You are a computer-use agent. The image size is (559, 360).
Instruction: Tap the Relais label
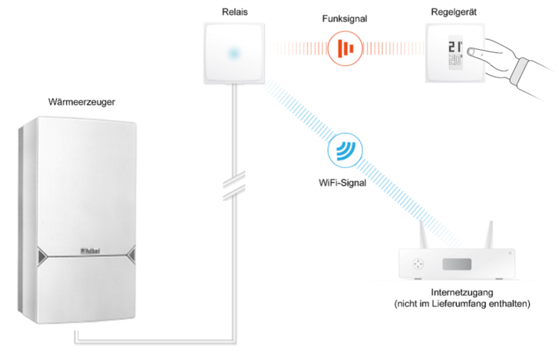230,11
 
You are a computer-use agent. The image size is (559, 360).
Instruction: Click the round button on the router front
417,263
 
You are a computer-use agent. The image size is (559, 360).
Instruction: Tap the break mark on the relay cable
231,186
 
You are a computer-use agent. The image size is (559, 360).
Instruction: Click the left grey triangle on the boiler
40,255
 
